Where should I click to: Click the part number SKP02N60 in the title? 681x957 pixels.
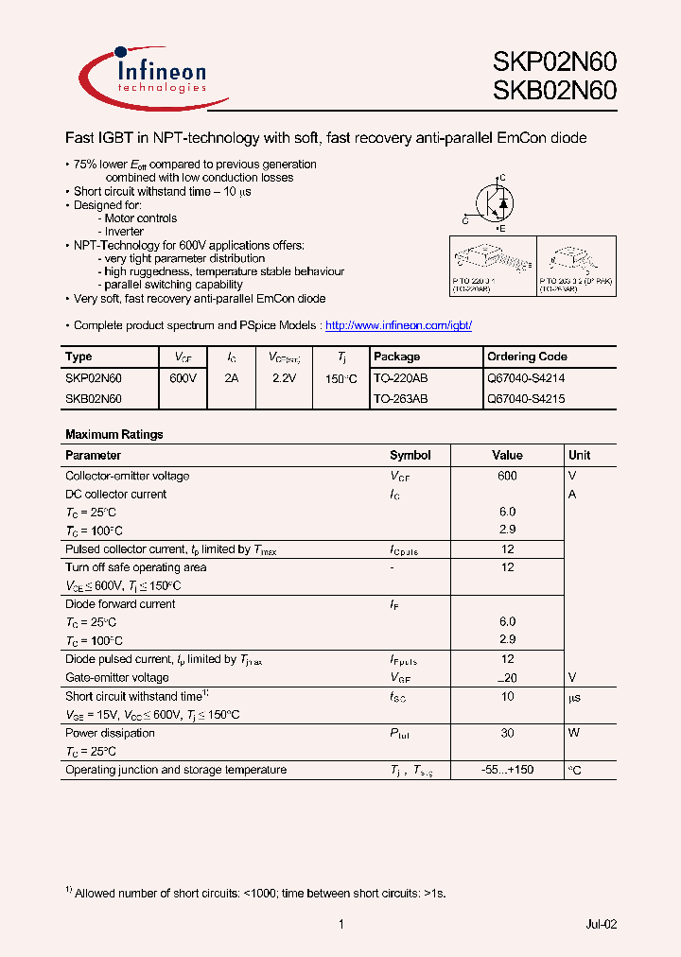click(x=554, y=61)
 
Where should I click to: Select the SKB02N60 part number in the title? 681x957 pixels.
click(x=554, y=91)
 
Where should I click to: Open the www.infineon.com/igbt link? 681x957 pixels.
click(x=398, y=325)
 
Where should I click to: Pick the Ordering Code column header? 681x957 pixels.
click(x=527, y=357)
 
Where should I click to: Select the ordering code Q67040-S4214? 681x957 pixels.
click(x=526, y=377)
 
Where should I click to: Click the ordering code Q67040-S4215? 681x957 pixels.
click(x=526, y=399)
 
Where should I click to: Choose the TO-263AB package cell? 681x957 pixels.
click(x=400, y=399)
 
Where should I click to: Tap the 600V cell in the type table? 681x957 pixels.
click(x=183, y=377)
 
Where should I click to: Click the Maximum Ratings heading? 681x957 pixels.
click(x=113, y=435)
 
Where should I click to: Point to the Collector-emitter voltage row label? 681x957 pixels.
click(x=127, y=476)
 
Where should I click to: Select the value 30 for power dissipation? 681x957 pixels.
click(x=508, y=733)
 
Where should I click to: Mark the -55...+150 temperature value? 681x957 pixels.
click(x=507, y=770)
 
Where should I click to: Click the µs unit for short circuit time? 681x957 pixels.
click(x=574, y=697)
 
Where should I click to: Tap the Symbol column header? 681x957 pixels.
click(x=410, y=455)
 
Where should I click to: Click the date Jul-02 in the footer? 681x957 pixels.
click(x=601, y=924)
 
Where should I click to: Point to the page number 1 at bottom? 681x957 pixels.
click(x=340, y=924)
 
